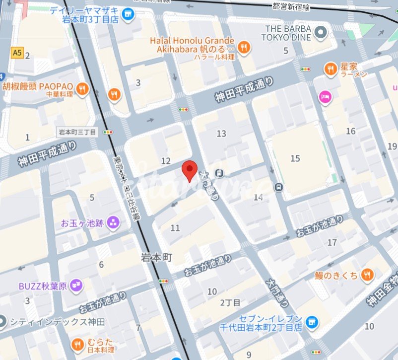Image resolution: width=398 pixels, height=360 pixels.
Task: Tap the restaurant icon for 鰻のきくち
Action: [367, 274]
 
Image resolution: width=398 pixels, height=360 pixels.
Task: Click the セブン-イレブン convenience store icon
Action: [312, 322]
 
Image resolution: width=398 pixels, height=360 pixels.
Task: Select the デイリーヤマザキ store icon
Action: [129, 14]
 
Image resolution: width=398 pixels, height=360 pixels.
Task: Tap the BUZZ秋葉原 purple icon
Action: [76, 286]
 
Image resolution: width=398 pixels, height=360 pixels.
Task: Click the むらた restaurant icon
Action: [77, 344]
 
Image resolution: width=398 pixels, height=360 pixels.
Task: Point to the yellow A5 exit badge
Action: [18, 52]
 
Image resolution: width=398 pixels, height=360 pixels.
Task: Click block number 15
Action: [295, 158]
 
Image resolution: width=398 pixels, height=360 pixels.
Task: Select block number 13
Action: [221, 133]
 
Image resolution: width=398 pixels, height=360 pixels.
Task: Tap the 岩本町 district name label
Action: [156, 257]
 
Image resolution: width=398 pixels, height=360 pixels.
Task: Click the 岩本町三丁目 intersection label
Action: [78, 132]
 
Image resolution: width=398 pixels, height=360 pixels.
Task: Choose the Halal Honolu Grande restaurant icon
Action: [244, 48]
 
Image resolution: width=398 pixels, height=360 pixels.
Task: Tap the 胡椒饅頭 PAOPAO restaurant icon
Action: [82, 89]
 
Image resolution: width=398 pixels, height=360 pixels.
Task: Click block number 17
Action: [332, 242]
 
